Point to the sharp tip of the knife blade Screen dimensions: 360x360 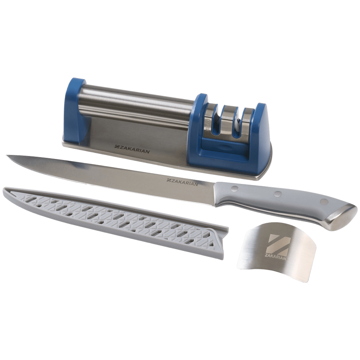tap(7, 156)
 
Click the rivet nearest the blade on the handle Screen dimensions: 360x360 tap(234, 188)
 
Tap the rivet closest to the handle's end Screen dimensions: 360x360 tap(324, 201)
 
